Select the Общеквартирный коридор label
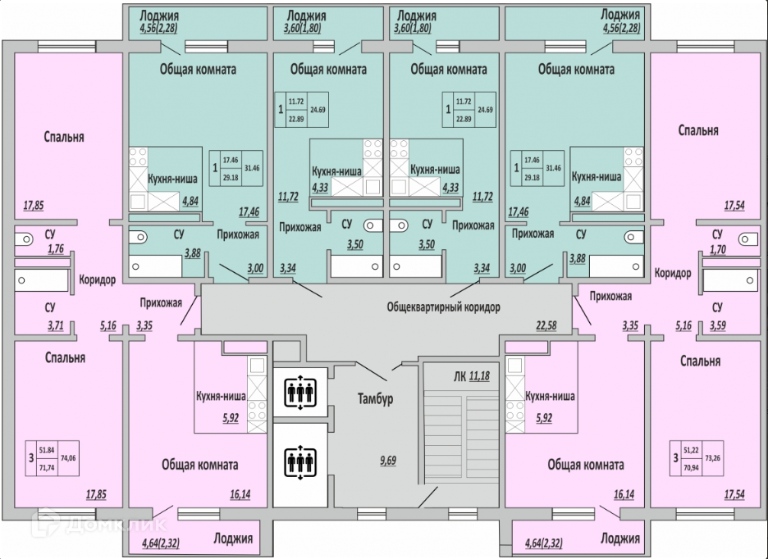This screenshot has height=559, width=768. (443, 307)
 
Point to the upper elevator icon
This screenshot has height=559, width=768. (299, 390)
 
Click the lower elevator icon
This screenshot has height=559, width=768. (299, 463)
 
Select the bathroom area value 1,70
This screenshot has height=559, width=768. (716, 253)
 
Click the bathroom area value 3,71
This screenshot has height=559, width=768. (34, 326)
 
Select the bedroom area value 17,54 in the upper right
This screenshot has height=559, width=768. (734, 206)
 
